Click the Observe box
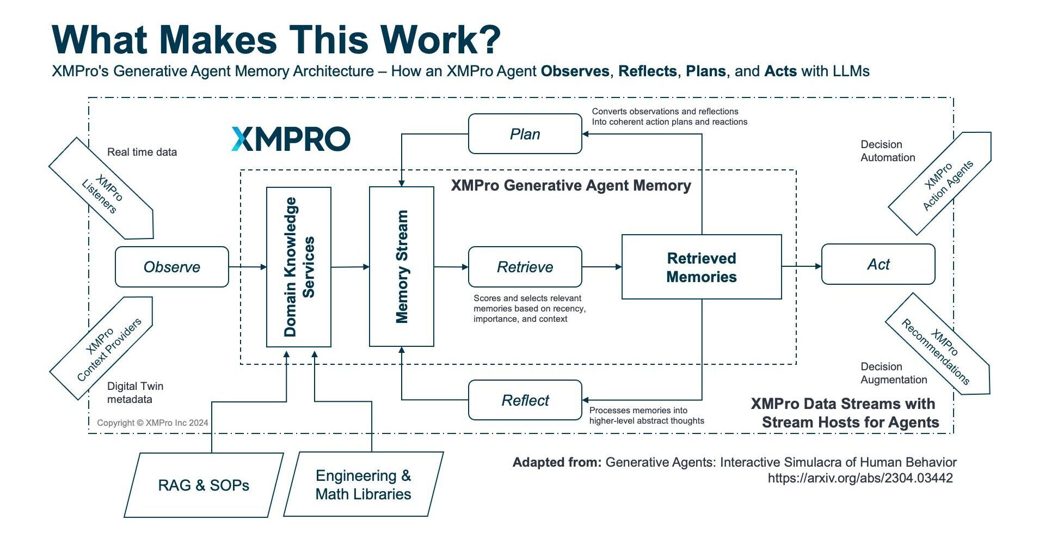click(171, 267)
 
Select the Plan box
click(525, 134)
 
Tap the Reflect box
click(525, 400)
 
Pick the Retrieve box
click(525, 267)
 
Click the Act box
click(877, 265)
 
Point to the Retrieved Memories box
click(701, 267)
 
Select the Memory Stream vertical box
click(401, 267)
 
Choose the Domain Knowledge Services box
click(298, 267)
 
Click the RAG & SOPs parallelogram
click(204, 485)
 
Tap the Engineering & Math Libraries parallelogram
click(363, 485)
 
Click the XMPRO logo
click(291, 139)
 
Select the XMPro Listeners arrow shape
click(103, 191)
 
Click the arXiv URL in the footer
click(860, 478)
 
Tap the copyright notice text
click(152, 423)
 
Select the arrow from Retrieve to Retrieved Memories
click(601, 267)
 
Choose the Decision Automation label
click(887, 151)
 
